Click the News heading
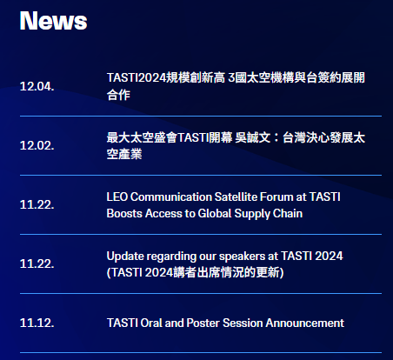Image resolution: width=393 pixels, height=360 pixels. [x=53, y=21]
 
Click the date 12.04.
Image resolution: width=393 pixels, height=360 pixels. [x=37, y=86]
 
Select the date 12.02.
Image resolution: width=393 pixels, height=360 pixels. [x=37, y=145]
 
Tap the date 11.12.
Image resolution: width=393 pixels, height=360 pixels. [x=37, y=323]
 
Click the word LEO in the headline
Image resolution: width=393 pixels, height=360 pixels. [x=117, y=197]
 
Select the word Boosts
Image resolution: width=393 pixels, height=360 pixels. [x=124, y=214]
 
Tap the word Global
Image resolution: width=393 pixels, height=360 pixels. [x=215, y=214]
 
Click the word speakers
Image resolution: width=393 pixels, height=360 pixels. [x=242, y=257]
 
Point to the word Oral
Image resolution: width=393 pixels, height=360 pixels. [x=151, y=323]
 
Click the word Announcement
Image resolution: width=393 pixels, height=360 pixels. [x=305, y=323]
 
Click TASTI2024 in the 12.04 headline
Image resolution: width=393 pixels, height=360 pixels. [x=136, y=77]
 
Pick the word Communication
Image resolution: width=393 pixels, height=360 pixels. [x=171, y=197]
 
